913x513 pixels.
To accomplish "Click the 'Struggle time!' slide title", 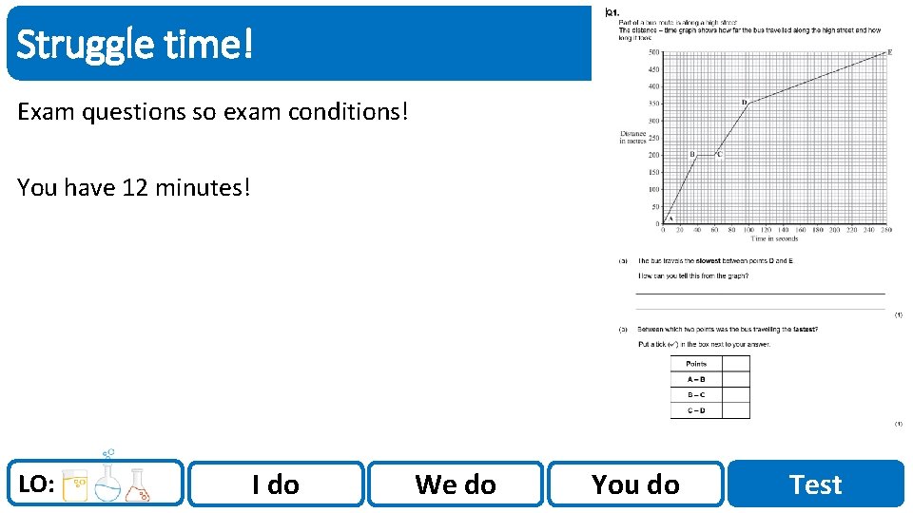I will [135, 44].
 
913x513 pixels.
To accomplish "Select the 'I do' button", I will [276, 484].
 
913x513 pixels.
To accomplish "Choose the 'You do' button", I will [635, 484].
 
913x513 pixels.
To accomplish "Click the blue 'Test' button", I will [815, 484].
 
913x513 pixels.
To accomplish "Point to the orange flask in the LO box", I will [139, 485].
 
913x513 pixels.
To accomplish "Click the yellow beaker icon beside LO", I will [75, 485].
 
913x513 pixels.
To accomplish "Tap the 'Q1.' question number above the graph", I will [610, 12].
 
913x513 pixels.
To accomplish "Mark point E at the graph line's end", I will [889, 51].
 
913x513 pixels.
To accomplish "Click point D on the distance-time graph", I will [744, 102].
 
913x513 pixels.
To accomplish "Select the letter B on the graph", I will [691, 154].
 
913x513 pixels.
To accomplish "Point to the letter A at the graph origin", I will [670, 218].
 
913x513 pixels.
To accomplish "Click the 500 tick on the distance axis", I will [653, 52].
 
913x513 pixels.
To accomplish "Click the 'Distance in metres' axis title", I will [633, 139].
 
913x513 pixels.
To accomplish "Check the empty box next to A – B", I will [735, 379].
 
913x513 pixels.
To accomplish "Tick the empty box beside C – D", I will [735, 410].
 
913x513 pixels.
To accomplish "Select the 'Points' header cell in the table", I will [696, 364].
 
